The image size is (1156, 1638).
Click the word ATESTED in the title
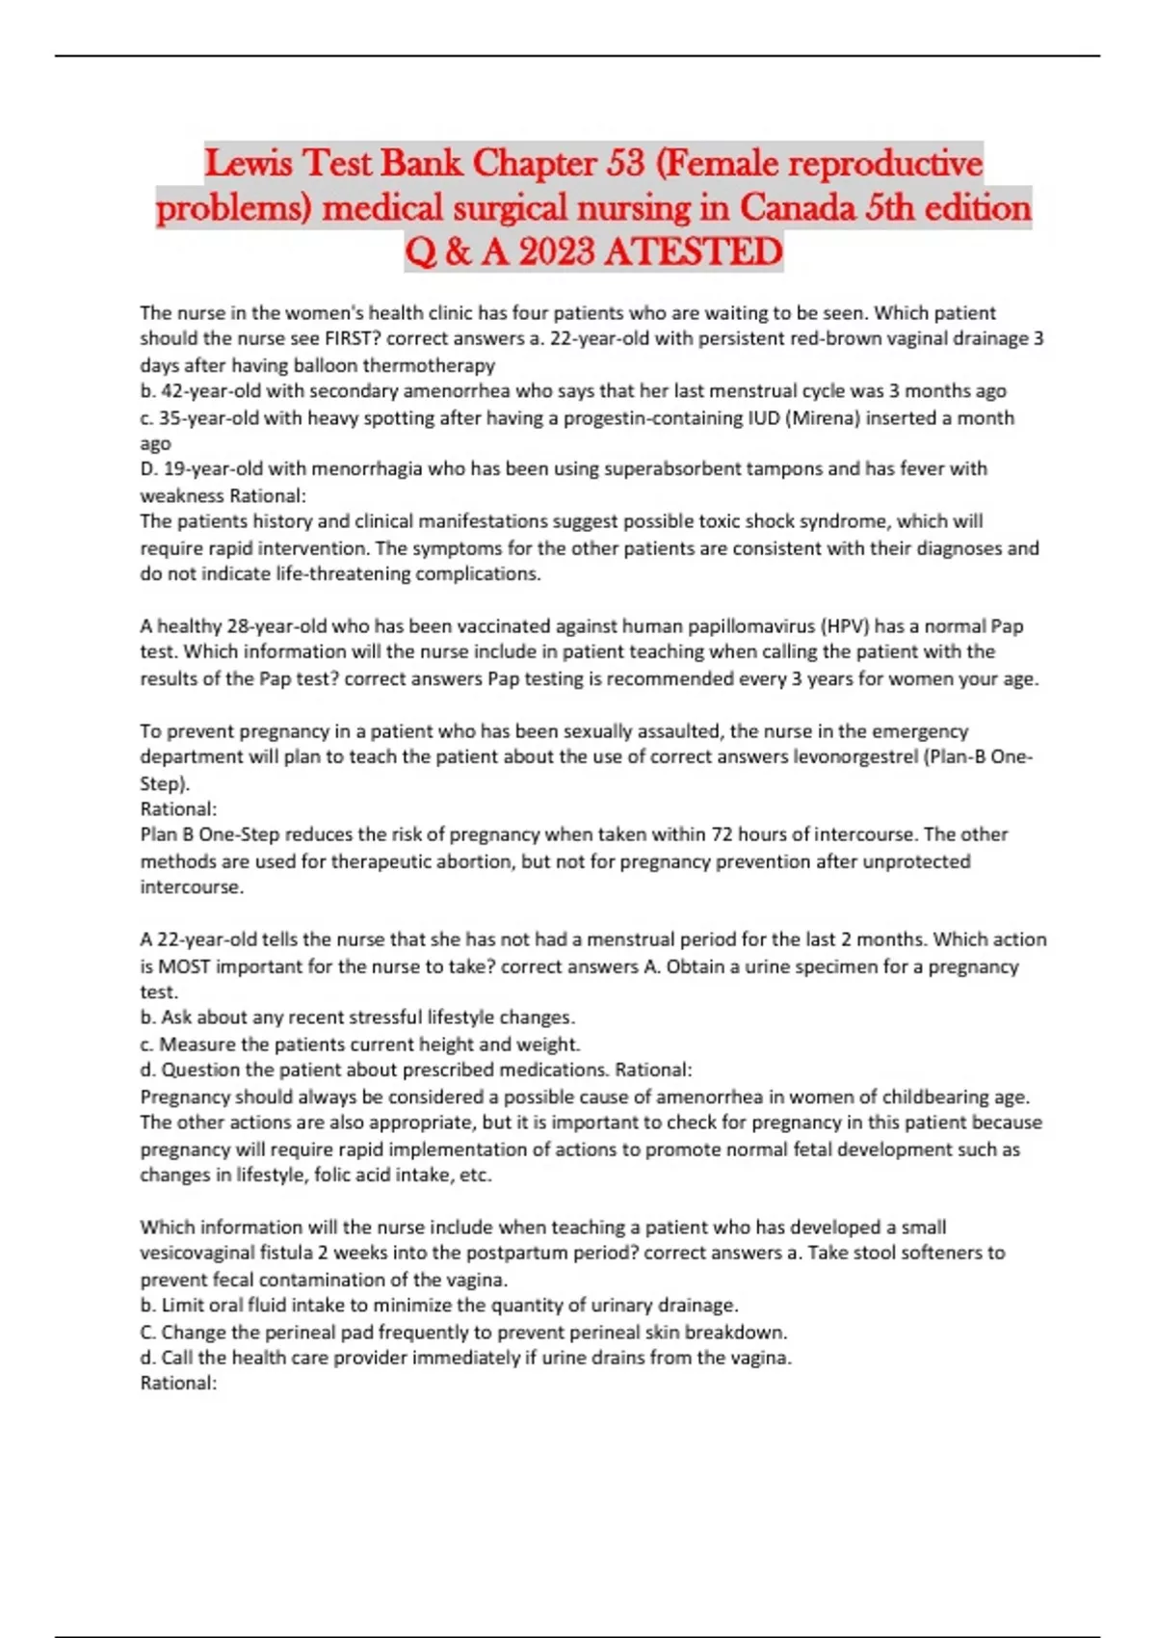(694, 252)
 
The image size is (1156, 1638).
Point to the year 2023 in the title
(557, 252)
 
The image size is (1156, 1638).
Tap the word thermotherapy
(429, 365)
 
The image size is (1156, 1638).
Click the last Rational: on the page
(179, 1384)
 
